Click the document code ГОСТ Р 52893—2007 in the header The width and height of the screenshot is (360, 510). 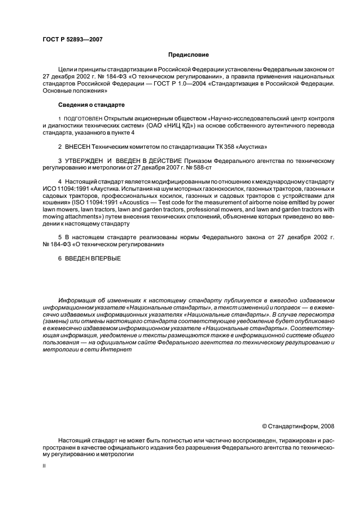(x=72, y=39)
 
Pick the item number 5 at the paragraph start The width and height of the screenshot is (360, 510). (x=60, y=238)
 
